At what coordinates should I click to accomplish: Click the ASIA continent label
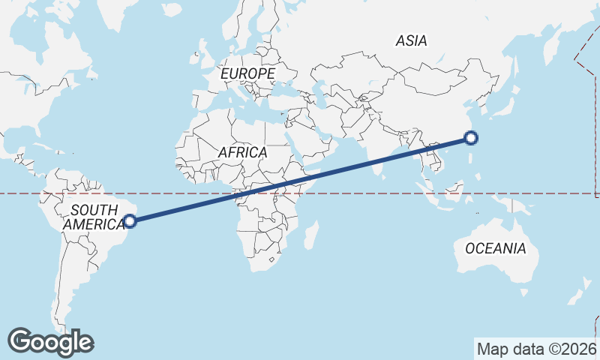pyautogui.click(x=412, y=41)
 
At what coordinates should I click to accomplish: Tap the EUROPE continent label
pyautogui.click(x=247, y=73)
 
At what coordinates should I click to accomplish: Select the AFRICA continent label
pyautogui.click(x=242, y=152)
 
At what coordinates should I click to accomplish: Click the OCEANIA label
pyautogui.click(x=496, y=248)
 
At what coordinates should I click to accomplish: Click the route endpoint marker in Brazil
pyautogui.click(x=130, y=220)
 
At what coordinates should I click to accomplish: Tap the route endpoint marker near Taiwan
pyautogui.click(x=470, y=137)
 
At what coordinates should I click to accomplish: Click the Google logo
pyautogui.click(x=50, y=342)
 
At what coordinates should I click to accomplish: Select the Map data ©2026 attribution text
pyautogui.click(x=536, y=349)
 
